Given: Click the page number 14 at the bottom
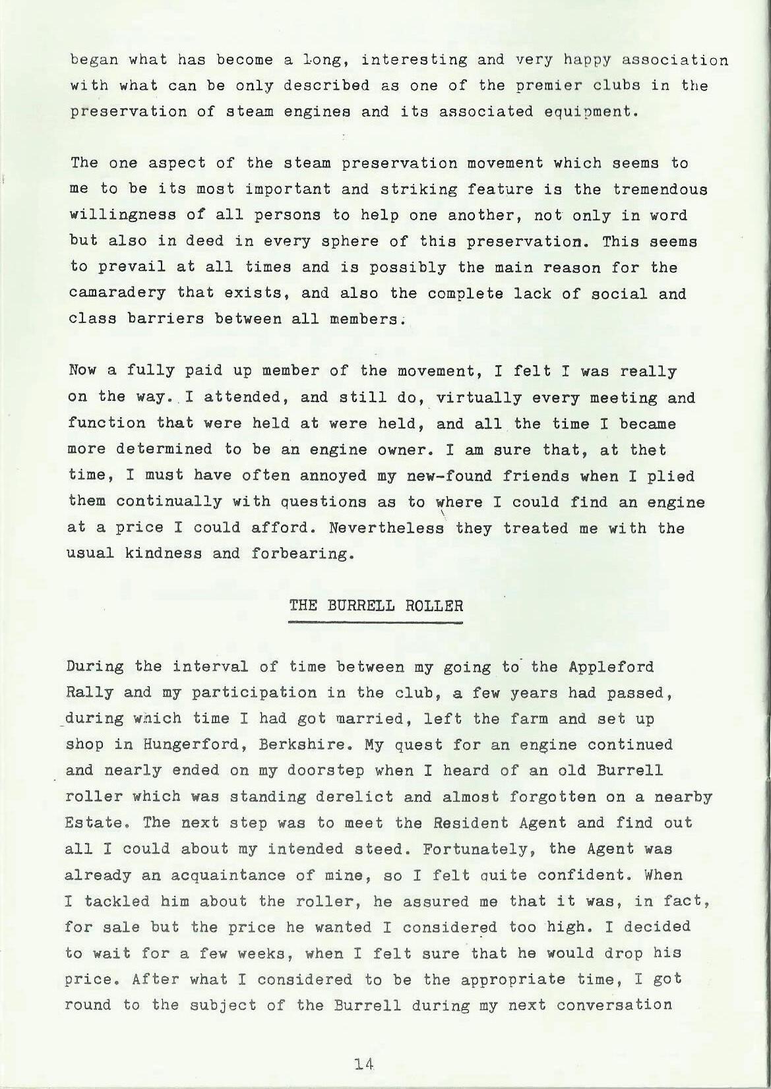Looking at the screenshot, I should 364,1063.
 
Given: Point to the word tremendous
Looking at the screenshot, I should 660,189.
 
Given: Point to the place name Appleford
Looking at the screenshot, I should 610,666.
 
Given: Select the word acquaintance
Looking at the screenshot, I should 233,875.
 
